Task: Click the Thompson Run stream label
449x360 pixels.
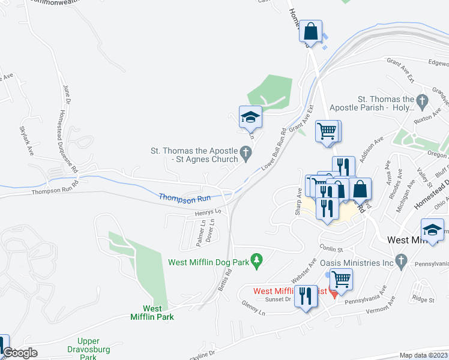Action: (184, 197)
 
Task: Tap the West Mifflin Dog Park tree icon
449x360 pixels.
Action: (258, 259)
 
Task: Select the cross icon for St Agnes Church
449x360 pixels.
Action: (246, 155)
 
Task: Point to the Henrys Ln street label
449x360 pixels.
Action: (208, 212)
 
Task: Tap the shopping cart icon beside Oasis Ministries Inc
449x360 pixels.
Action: (341, 279)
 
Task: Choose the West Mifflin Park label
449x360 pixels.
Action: (154, 313)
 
